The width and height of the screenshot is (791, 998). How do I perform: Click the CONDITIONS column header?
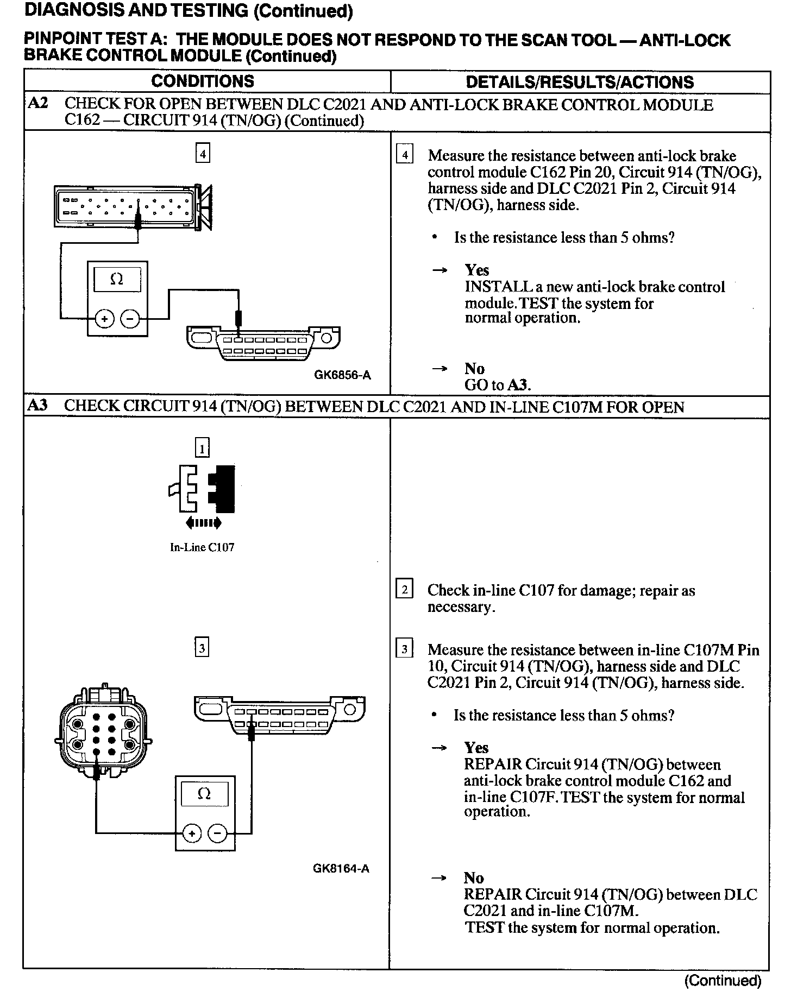tap(202, 81)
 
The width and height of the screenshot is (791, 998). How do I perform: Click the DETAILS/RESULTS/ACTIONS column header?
tap(580, 82)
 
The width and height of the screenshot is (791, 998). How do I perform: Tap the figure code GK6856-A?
tap(342, 375)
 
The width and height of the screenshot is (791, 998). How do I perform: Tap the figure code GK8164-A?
tap(341, 868)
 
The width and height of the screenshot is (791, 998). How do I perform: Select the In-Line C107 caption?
tap(202, 547)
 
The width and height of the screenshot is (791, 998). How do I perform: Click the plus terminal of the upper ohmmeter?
tap(104, 319)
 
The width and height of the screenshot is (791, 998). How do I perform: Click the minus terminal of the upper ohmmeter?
tap(129, 319)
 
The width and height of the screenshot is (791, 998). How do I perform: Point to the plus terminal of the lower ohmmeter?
tap(192, 833)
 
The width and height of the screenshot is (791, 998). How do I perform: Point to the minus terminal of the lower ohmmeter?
tap(217, 833)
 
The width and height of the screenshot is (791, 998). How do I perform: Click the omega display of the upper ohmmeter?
tap(117, 280)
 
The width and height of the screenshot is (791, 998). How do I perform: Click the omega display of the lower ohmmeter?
tap(204, 794)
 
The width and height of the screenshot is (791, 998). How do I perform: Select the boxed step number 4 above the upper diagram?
tap(203, 154)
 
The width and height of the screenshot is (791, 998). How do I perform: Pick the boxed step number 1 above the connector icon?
tap(202, 449)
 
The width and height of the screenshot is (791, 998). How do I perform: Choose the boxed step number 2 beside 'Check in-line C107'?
tap(404, 590)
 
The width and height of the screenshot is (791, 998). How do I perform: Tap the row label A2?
tap(37, 103)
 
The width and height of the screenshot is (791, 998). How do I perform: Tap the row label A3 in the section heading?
tap(37, 406)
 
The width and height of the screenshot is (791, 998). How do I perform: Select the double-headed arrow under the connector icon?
tap(203, 523)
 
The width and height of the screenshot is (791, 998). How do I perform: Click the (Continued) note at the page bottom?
tap(723, 980)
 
